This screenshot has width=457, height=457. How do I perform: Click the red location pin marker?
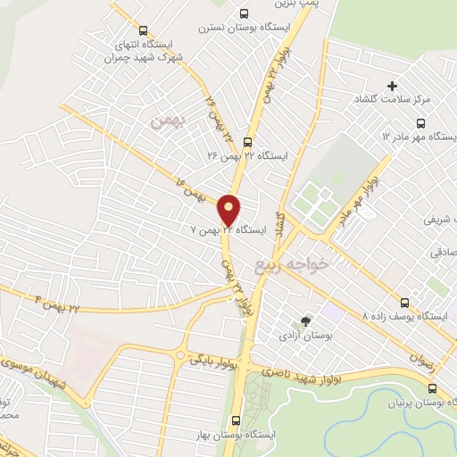(229, 208)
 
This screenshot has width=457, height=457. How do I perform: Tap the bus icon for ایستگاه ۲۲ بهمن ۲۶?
(247, 140)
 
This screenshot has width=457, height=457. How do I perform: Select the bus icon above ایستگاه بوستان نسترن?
(245, 13)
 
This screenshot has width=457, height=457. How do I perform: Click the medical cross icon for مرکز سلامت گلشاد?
(392, 86)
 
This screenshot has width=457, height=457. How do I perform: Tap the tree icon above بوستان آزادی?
(306, 320)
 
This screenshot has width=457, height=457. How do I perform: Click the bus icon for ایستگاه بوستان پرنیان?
(433, 388)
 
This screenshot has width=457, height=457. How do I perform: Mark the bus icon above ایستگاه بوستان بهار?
(237, 419)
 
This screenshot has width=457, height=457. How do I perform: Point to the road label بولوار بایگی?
(212, 361)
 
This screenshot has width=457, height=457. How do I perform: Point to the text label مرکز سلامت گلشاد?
(392, 99)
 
